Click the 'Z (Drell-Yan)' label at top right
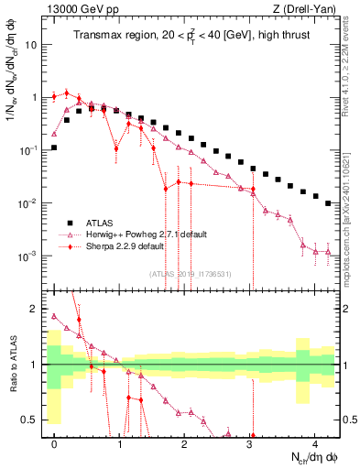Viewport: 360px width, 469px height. (x=308, y=9)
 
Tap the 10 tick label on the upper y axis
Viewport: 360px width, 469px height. (x=31, y=44)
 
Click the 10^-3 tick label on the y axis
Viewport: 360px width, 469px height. (x=28, y=256)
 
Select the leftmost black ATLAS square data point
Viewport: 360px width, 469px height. (x=54, y=147)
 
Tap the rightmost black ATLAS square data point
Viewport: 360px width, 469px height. (x=329, y=203)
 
